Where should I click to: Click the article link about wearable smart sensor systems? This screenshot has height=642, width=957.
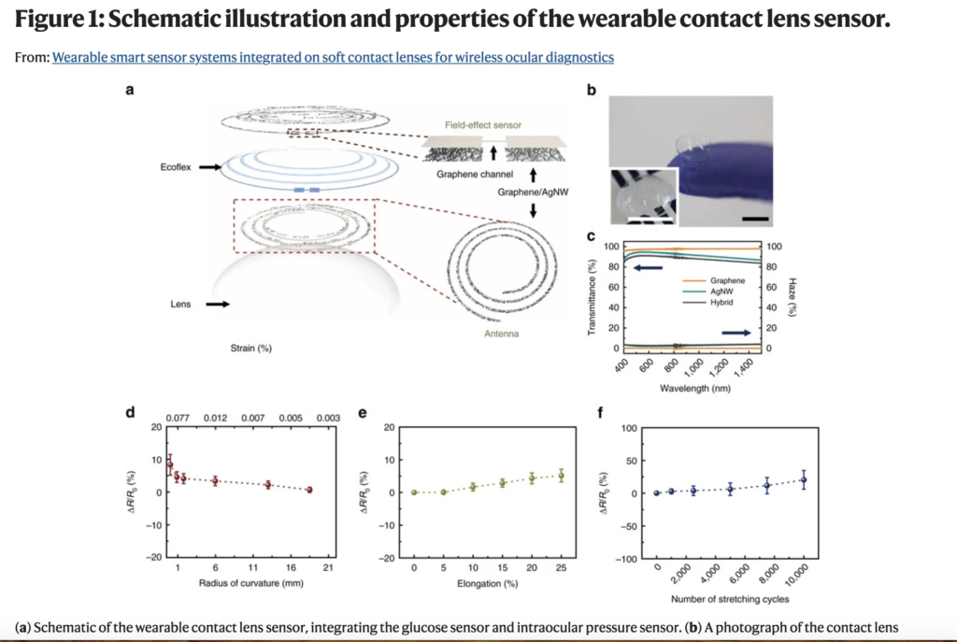pyautogui.click(x=333, y=57)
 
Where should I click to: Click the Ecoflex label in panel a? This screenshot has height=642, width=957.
pyautogui.click(x=176, y=167)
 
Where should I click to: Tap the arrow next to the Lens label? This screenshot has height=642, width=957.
pyautogui.click(x=217, y=304)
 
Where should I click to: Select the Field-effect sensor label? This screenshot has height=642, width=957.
pyautogui.click(x=483, y=125)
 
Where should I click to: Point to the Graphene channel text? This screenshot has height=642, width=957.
pyautogui.click(x=475, y=175)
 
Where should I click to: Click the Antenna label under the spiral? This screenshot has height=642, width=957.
pyautogui.click(x=501, y=334)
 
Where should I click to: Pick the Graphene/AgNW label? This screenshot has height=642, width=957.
pyautogui.click(x=533, y=193)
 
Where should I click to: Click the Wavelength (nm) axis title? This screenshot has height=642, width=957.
pyautogui.click(x=695, y=388)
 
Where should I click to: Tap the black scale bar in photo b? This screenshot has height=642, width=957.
pyautogui.click(x=755, y=219)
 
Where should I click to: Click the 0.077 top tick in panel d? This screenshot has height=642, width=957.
pyautogui.click(x=178, y=418)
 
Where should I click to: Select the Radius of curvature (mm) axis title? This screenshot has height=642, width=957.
pyautogui.click(x=250, y=583)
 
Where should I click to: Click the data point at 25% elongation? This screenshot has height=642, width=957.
pyautogui.click(x=561, y=476)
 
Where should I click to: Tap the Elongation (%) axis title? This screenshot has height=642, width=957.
pyautogui.click(x=487, y=584)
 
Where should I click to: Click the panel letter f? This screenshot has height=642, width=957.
pyautogui.click(x=600, y=413)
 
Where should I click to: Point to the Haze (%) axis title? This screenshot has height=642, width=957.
pyautogui.click(x=793, y=297)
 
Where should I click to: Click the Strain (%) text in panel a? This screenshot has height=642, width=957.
pyautogui.click(x=250, y=349)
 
